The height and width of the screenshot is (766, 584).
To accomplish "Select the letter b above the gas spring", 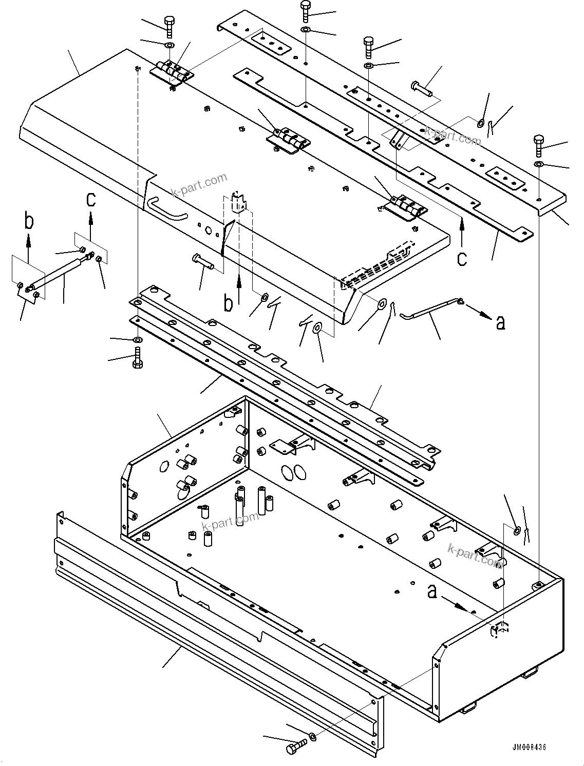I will (28, 222).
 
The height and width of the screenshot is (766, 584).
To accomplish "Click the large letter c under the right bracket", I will (462, 258).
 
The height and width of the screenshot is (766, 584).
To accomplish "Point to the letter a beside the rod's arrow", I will (500, 322).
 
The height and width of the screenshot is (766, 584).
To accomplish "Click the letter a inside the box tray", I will (432, 592).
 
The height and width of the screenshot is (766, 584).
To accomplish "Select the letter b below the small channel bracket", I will (229, 303).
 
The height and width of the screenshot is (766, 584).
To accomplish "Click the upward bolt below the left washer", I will (138, 357).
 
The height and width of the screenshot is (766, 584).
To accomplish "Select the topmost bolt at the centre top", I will (305, 11).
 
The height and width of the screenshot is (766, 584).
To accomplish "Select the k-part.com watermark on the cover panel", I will (199, 185).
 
